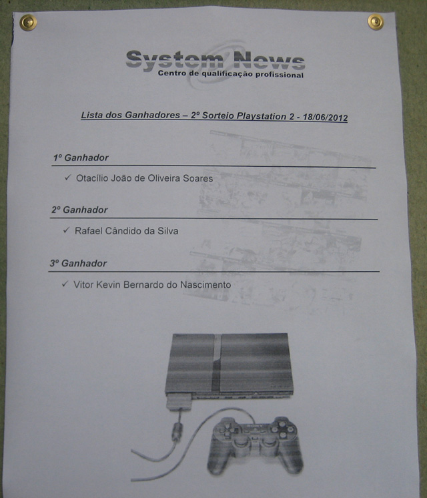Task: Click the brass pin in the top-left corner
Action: click(28, 23)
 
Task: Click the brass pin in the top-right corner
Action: click(376, 22)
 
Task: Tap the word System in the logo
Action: click(175, 60)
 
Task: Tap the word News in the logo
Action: click(270, 60)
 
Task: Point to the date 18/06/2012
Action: click(325, 117)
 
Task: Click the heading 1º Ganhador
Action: click(81, 158)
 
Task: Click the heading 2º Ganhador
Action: click(79, 210)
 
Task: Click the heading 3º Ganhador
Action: click(78, 263)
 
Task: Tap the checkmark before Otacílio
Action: click(67, 177)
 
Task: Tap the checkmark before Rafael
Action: click(66, 230)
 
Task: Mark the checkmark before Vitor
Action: click(65, 284)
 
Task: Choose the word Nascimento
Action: click(205, 284)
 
